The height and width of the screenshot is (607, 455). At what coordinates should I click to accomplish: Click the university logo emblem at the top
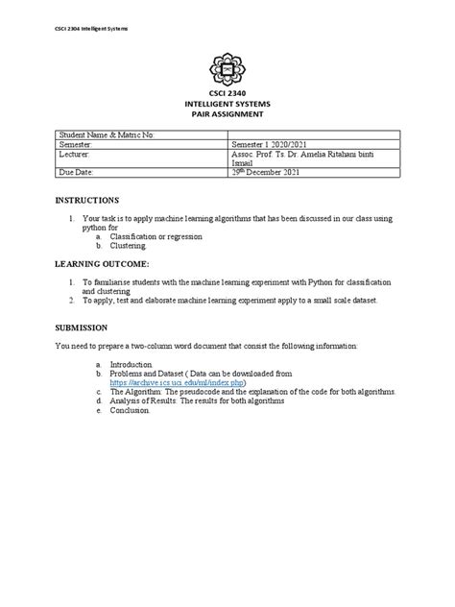[x=227, y=68]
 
